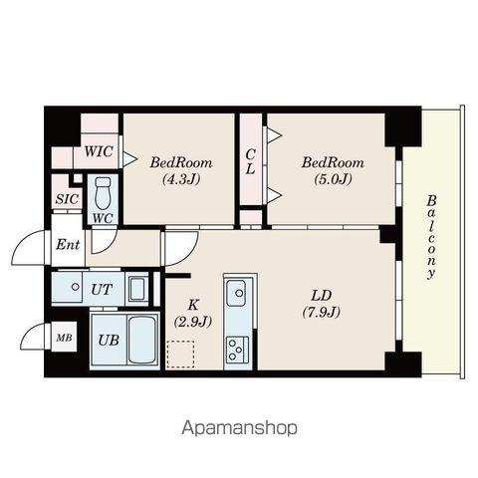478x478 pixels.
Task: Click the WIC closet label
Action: [99, 151]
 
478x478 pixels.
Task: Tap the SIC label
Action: [67, 199]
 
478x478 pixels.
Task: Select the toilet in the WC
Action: [103, 194]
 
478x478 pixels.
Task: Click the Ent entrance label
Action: [68, 245]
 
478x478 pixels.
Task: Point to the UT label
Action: [102, 290]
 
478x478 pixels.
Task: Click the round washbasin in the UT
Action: [76, 287]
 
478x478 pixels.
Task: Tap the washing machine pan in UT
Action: [136, 289]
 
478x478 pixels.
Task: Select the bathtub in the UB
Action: [142, 340]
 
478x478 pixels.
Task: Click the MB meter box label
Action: [64, 338]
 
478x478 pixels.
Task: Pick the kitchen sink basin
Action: [236, 293]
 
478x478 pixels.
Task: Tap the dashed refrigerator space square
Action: [180, 355]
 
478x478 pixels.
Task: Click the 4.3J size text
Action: [181, 179]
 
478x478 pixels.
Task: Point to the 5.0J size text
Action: [333, 179]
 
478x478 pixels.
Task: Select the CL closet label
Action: [250, 161]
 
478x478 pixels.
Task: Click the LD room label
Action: [322, 295]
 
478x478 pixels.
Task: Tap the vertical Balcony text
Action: [431, 237]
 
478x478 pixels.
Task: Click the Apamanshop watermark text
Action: [239, 428]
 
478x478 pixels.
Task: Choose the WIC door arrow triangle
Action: [130, 158]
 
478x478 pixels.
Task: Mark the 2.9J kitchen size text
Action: [193, 322]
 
